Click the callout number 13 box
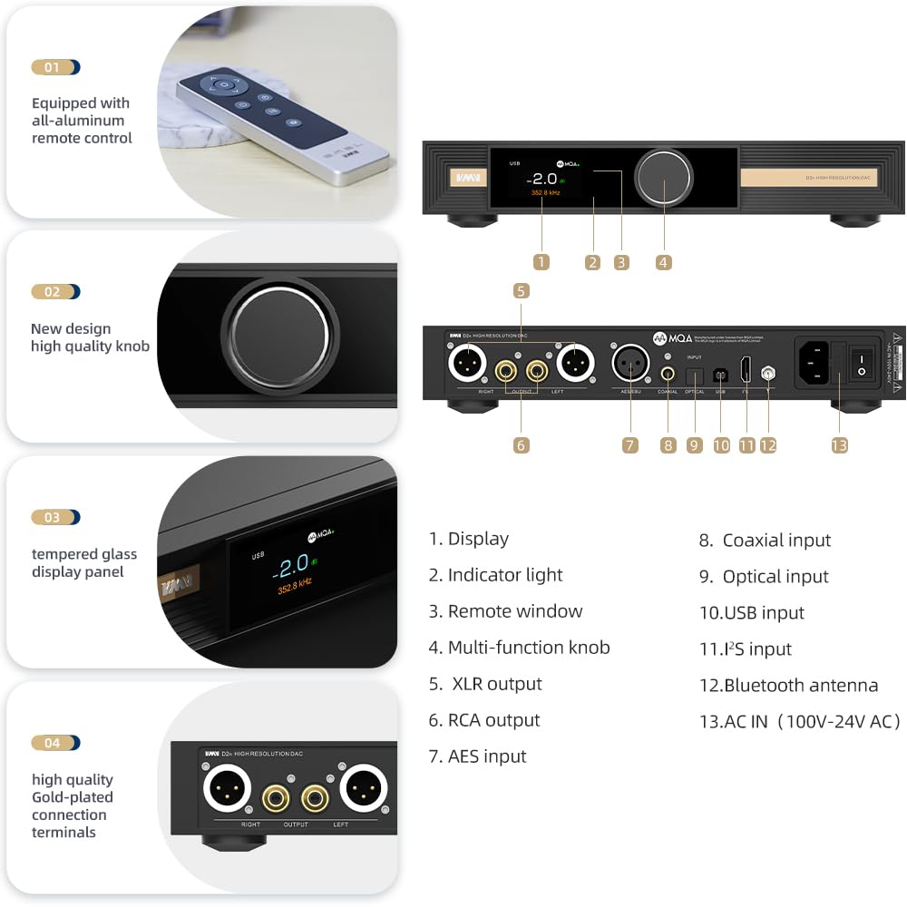pyautogui.click(x=839, y=445)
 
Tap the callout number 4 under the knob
pyautogui.click(x=664, y=262)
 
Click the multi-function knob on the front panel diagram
pyautogui.click(x=663, y=177)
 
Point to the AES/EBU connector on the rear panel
pyautogui.click(x=630, y=364)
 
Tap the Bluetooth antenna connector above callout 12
pyautogui.click(x=768, y=372)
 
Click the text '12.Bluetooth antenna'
pyautogui.click(x=788, y=685)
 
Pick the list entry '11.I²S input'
pyautogui.click(x=746, y=649)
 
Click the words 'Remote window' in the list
pyautogui.click(x=514, y=611)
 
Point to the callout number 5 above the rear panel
pyautogui.click(x=521, y=291)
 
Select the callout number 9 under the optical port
pyautogui.click(x=695, y=445)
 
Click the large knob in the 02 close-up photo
pyautogui.click(x=277, y=336)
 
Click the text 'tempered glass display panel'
pyautogui.click(x=84, y=562)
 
